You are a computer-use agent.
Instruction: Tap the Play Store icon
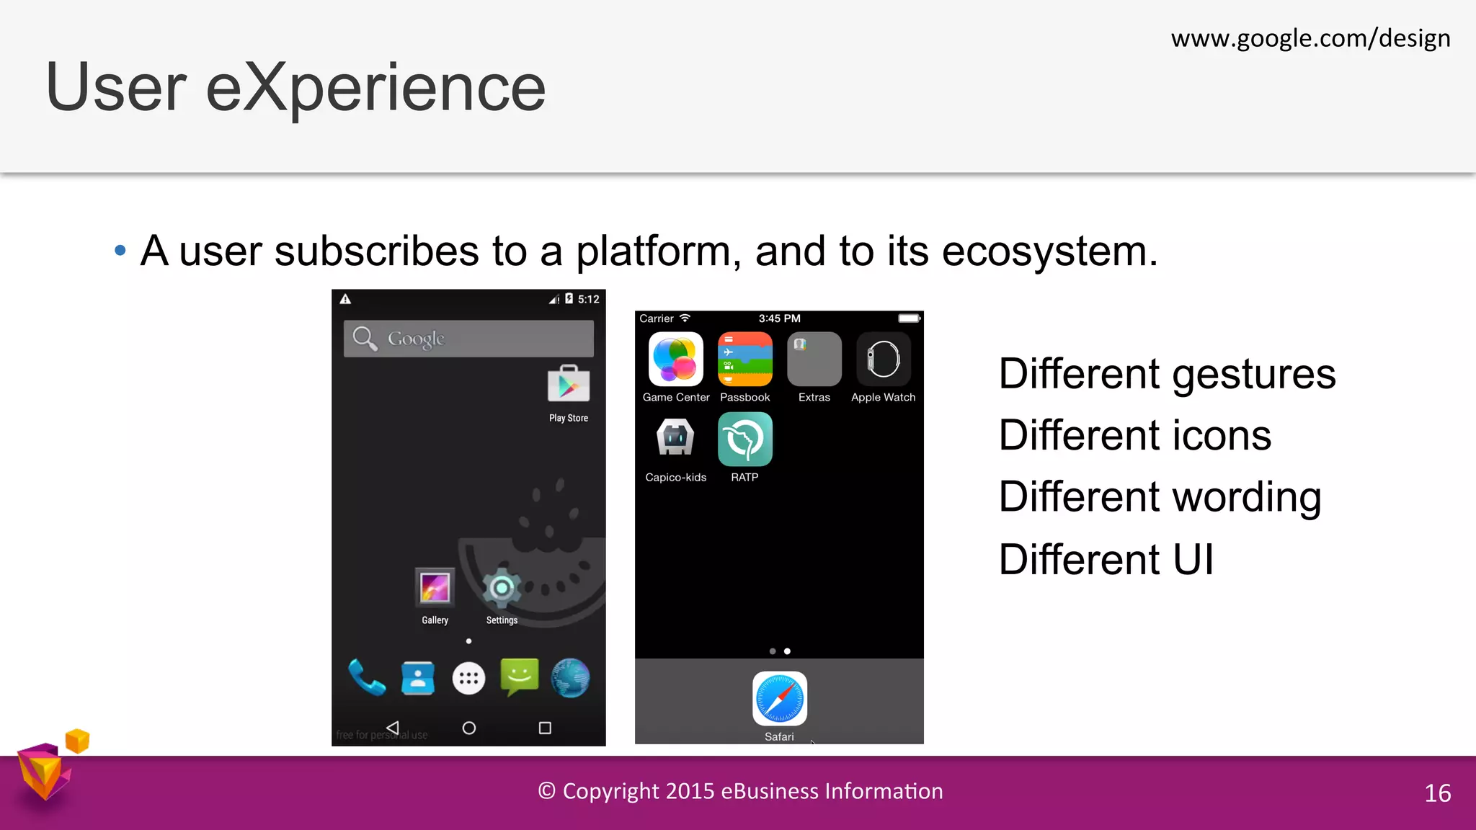pos(569,385)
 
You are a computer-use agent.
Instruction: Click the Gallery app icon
pos(435,587)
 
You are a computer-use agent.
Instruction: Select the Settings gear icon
pos(502,588)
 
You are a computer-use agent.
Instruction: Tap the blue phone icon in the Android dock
pos(366,678)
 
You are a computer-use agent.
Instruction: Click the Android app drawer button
pos(468,678)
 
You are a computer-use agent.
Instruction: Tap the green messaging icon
pos(519,677)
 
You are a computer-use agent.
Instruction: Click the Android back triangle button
pos(393,728)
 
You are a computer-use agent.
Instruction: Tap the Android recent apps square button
pos(545,728)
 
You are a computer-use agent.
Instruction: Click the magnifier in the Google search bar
pos(365,338)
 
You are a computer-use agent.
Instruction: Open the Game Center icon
pos(676,360)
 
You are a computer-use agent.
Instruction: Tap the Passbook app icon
pos(745,360)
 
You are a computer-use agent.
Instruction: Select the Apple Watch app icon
pos(884,360)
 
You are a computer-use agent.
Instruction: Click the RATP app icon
pos(745,439)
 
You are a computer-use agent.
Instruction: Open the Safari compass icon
pos(780,699)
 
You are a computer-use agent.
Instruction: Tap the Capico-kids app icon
pos(676,439)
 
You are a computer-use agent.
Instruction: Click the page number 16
pos(1438,793)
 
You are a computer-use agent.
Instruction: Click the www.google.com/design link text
pos(1310,38)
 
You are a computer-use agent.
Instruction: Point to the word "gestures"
pos(1254,375)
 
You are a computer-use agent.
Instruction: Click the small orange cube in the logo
pos(77,741)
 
